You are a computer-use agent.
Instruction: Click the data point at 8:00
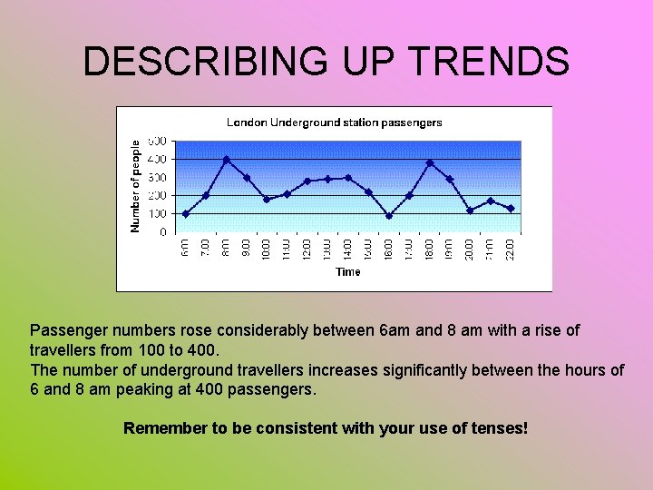tap(227, 160)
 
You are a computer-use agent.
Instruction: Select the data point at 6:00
tap(185, 214)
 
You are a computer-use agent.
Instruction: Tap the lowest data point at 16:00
tap(389, 216)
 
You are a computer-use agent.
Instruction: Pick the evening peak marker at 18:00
tap(430, 163)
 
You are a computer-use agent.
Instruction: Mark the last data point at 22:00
tap(511, 209)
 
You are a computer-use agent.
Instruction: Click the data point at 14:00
tap(348, 178)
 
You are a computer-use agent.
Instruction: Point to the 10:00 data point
tap(267, 200)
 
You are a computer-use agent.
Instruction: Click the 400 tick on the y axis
tap(156, 159)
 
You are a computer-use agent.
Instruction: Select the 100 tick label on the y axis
tap(156, 214)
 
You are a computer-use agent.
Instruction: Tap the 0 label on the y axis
tap(162, 232)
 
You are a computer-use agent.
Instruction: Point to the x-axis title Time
tap(348, 271)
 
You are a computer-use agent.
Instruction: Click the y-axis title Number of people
tap(135, 185)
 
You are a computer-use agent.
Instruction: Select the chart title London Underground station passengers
tap(334, 122)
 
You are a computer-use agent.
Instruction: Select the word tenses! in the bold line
tap(496, 427)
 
